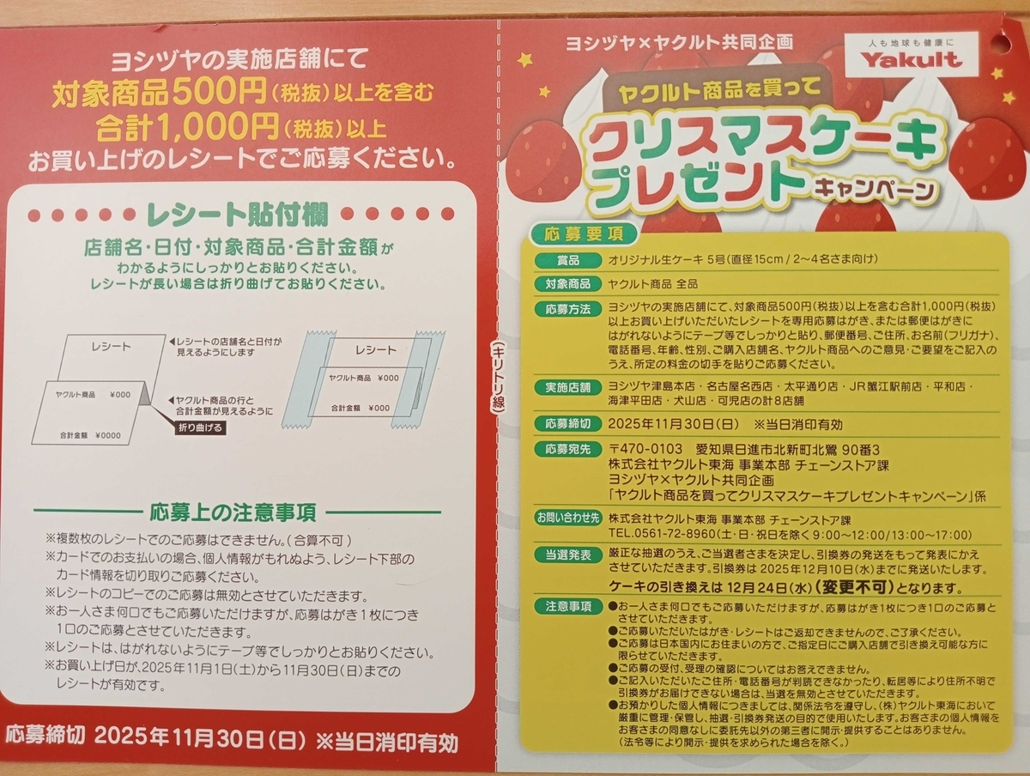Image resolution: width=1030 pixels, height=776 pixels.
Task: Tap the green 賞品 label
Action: pos(568,260)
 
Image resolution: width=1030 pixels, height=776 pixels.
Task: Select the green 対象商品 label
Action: pos(568,284)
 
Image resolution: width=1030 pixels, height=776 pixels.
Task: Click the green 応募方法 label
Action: pos(568,309)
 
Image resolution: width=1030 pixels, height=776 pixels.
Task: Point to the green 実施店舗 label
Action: pos(568,387)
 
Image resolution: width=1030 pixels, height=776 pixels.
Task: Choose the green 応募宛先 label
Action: pos(568,450)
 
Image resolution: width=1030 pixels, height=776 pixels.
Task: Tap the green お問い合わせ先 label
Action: pos(568,518)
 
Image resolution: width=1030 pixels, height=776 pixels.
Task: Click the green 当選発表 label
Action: pos(568,555)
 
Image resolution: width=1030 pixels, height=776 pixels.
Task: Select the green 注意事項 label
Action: pos(568,607)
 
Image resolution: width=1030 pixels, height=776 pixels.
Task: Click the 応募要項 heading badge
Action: pos(584,233)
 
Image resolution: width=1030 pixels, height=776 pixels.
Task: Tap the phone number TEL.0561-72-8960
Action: pos(662,535)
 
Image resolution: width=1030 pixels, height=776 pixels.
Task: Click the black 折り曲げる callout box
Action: pos(200,427)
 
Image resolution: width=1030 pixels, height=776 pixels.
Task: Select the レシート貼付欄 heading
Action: pos(238,215)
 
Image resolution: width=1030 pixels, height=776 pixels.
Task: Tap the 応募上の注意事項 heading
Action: pos(233,512)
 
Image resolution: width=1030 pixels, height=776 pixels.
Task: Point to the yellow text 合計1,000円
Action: pos(188,127)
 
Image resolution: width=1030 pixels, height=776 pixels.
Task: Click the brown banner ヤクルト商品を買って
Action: pos(719,92)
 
